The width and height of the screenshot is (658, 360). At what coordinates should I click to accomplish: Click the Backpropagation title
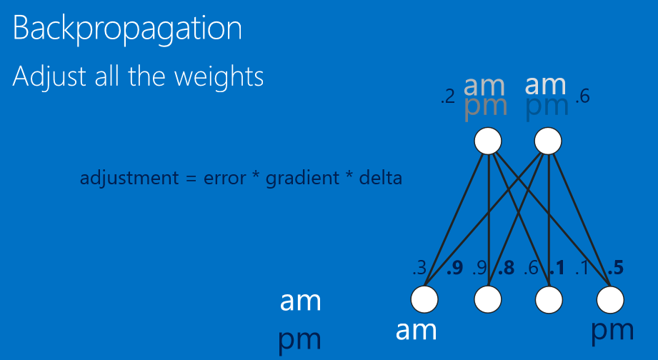(x=127, y=29)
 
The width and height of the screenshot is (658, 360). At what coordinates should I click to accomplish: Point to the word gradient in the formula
(x=298, y=178)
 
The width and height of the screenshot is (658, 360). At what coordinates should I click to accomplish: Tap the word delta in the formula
(x=381, y=177)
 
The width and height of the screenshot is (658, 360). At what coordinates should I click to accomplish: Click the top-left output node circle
(x=489, y=140)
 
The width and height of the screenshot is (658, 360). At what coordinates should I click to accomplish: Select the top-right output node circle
(x=547, y=140)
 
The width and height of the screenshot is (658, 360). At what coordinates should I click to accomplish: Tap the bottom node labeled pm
(x=612, y=299)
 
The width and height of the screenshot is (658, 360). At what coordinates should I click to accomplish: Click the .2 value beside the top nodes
(x=448, y=98)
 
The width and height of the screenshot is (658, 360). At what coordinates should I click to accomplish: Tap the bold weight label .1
(x=557, y=269)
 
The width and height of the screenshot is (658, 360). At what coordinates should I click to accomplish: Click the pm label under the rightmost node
(x=613, y=331)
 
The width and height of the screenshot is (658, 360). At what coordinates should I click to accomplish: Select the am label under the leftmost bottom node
(x=416, y=330)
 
